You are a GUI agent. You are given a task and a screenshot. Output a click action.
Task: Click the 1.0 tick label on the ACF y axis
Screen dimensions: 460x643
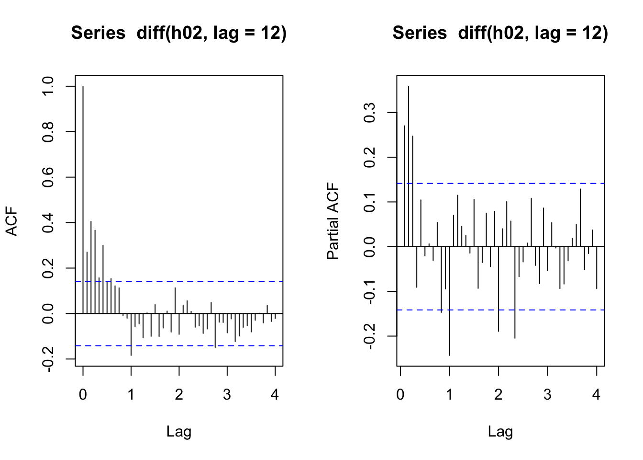(x=48, y=87)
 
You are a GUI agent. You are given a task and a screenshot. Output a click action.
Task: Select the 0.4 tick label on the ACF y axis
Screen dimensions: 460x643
(x=48, y=223)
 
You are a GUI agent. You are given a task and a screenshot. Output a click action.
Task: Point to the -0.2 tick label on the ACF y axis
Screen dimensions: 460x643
(x=48, y=358)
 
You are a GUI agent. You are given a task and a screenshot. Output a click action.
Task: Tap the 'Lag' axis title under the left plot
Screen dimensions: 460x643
(x=179, y=432)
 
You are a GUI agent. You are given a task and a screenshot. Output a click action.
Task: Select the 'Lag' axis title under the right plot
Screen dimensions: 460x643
(x=500, y=432)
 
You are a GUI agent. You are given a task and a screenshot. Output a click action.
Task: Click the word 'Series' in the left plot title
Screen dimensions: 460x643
(x=98, y=33)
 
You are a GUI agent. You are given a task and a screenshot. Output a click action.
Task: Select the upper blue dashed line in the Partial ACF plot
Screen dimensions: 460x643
(x=526, y=184)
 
